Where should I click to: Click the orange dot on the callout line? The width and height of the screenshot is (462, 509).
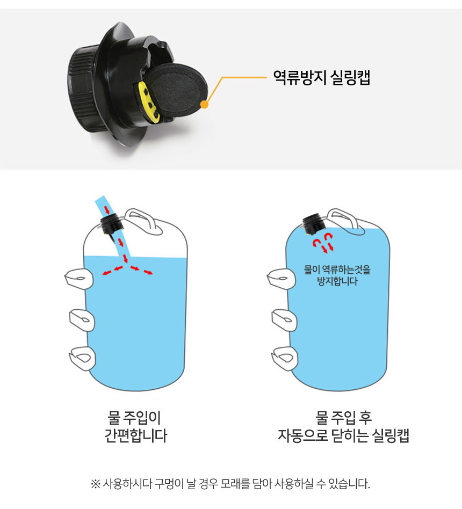(204, 105)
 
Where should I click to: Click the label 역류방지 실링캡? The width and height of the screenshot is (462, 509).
(321, 77)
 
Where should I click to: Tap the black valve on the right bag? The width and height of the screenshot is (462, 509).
(313, 224)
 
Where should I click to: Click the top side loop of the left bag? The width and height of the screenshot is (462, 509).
(80, 279)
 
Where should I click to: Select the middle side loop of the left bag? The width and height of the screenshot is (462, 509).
(82, 320)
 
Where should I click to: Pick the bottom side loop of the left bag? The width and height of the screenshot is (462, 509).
(83, 358)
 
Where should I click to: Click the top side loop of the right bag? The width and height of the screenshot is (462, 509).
(281, 279)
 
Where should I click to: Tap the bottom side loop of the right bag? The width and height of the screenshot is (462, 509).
(285, 358)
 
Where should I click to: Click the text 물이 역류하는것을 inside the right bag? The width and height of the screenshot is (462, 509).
(337, 270)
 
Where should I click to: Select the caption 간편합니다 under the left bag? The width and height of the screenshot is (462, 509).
(135, 435)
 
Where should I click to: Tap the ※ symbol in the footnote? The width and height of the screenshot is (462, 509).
(95, 484)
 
